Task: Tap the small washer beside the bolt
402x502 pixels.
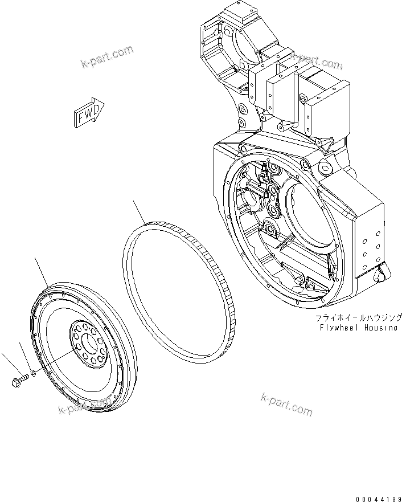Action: (x=34, y=373)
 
